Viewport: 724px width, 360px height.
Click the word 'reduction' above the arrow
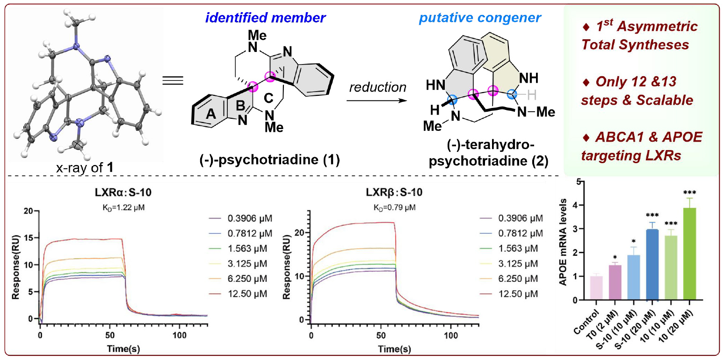coord(377,87)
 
